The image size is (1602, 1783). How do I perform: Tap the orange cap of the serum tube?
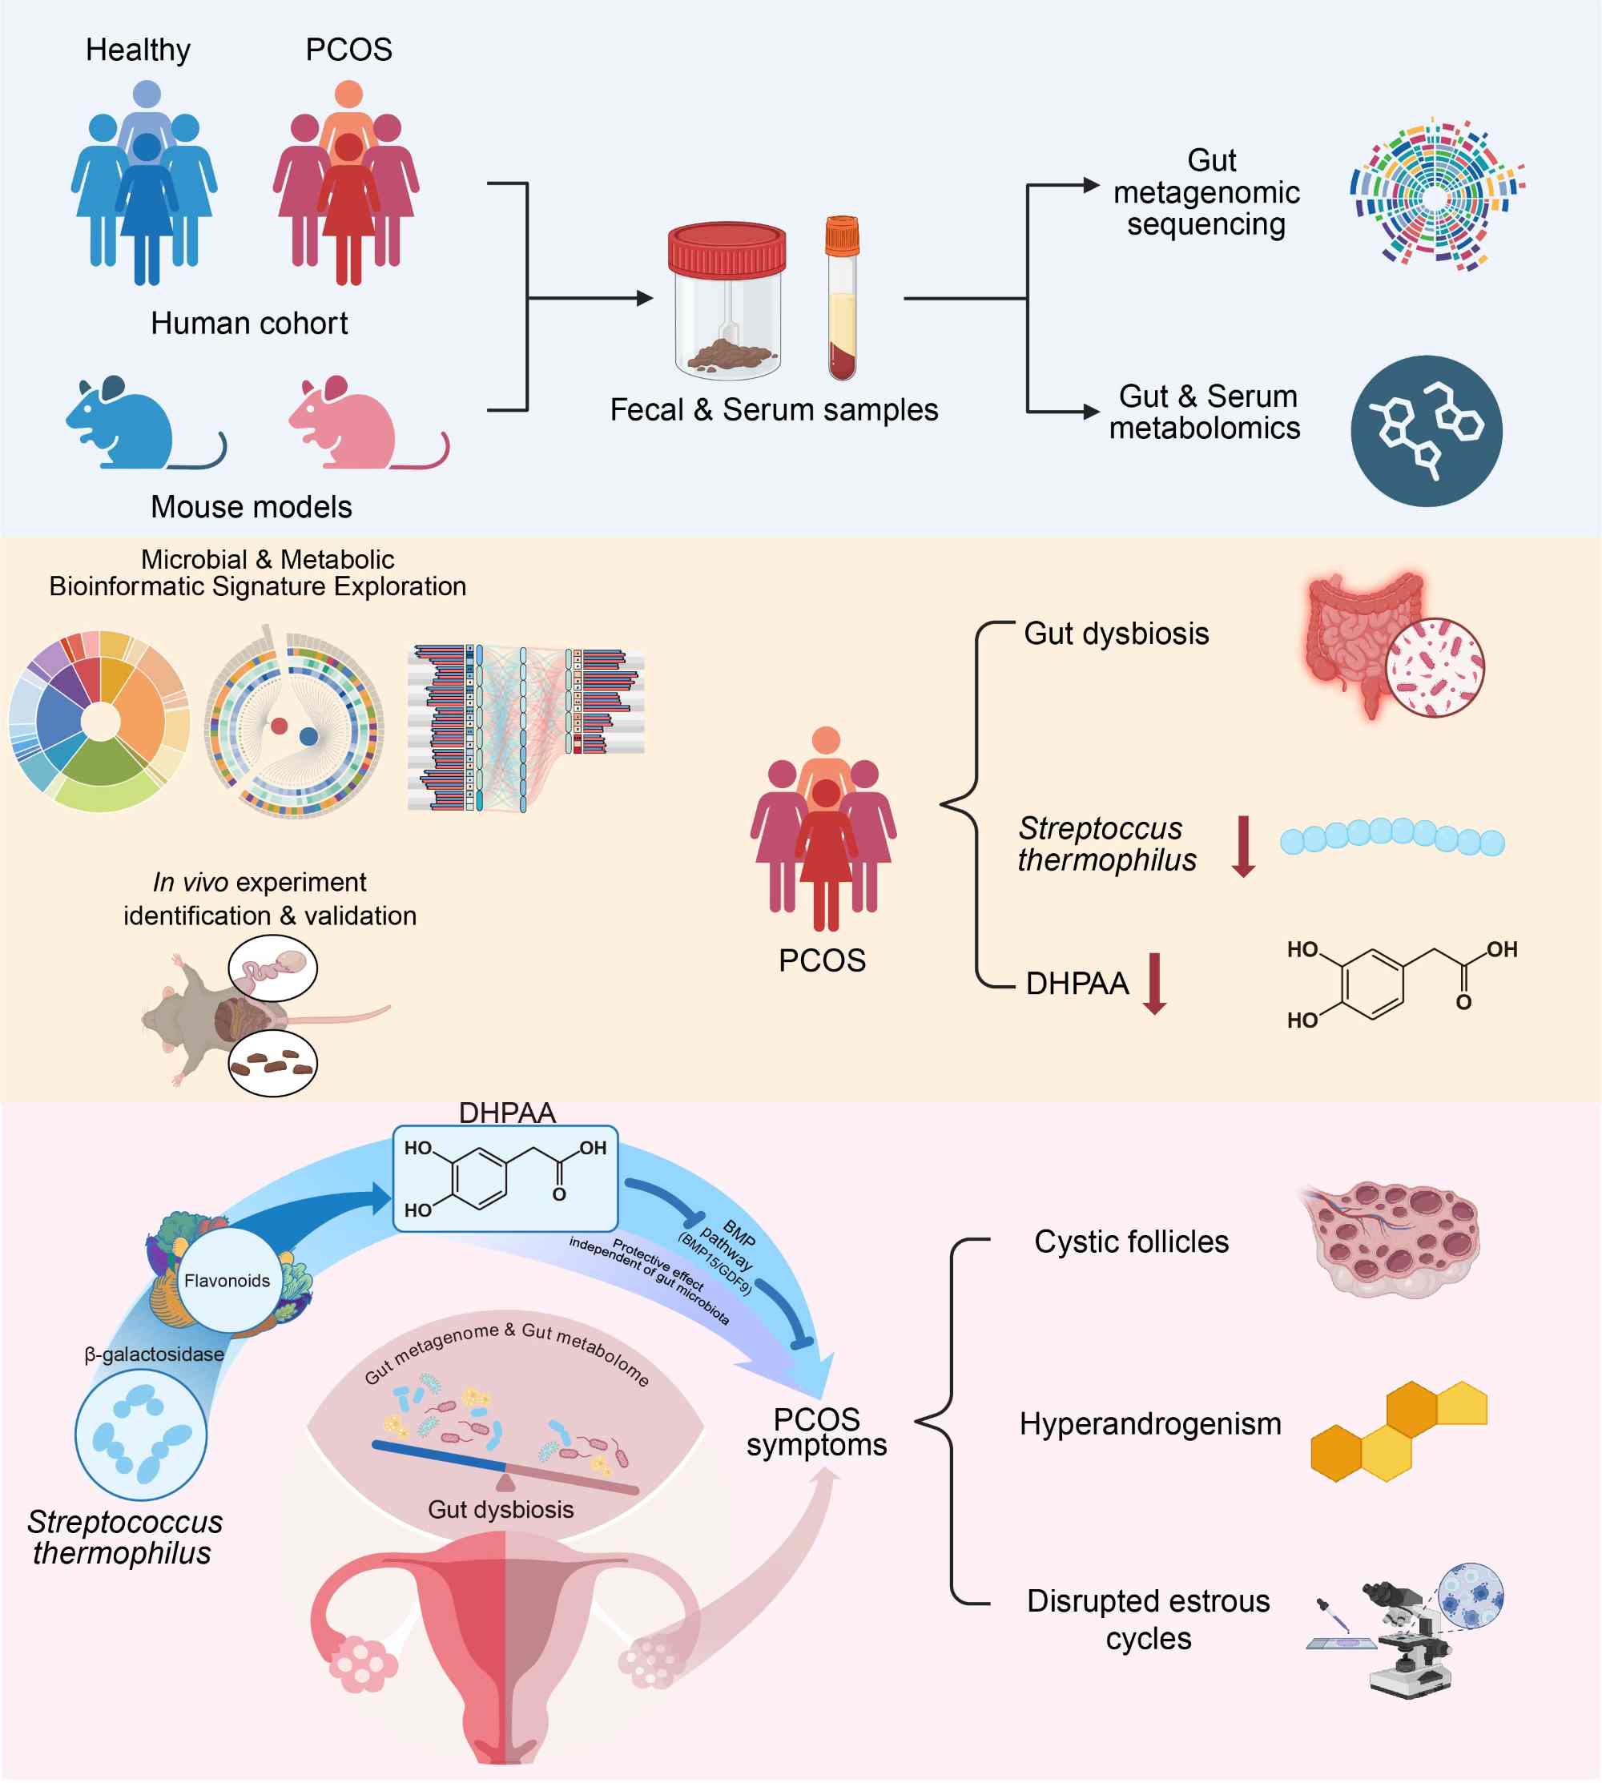click(842, 235)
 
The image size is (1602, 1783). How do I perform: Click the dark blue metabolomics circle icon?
click(1426, 430)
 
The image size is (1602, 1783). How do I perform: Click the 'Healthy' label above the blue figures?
click(139, 50)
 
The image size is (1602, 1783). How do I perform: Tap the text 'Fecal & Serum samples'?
click(774, 409)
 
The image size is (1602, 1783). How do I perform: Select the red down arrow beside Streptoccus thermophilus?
click(1243, 847)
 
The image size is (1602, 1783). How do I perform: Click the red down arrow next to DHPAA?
click(1154, 984)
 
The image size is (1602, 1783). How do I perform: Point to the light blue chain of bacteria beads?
click(1391, 836)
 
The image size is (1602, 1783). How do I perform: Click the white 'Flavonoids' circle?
click(227, 1280)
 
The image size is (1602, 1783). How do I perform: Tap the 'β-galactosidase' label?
click(154, 1354)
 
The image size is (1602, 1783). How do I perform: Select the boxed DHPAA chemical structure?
click(505, 1178)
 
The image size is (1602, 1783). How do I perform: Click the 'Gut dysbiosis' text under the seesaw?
click(501, 1509)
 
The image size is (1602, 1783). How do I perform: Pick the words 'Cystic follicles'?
click(1131, 1242)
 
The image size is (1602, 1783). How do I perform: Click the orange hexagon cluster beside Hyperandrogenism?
click(1398, 1432)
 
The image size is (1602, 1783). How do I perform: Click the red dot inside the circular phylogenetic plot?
click(279, 726)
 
